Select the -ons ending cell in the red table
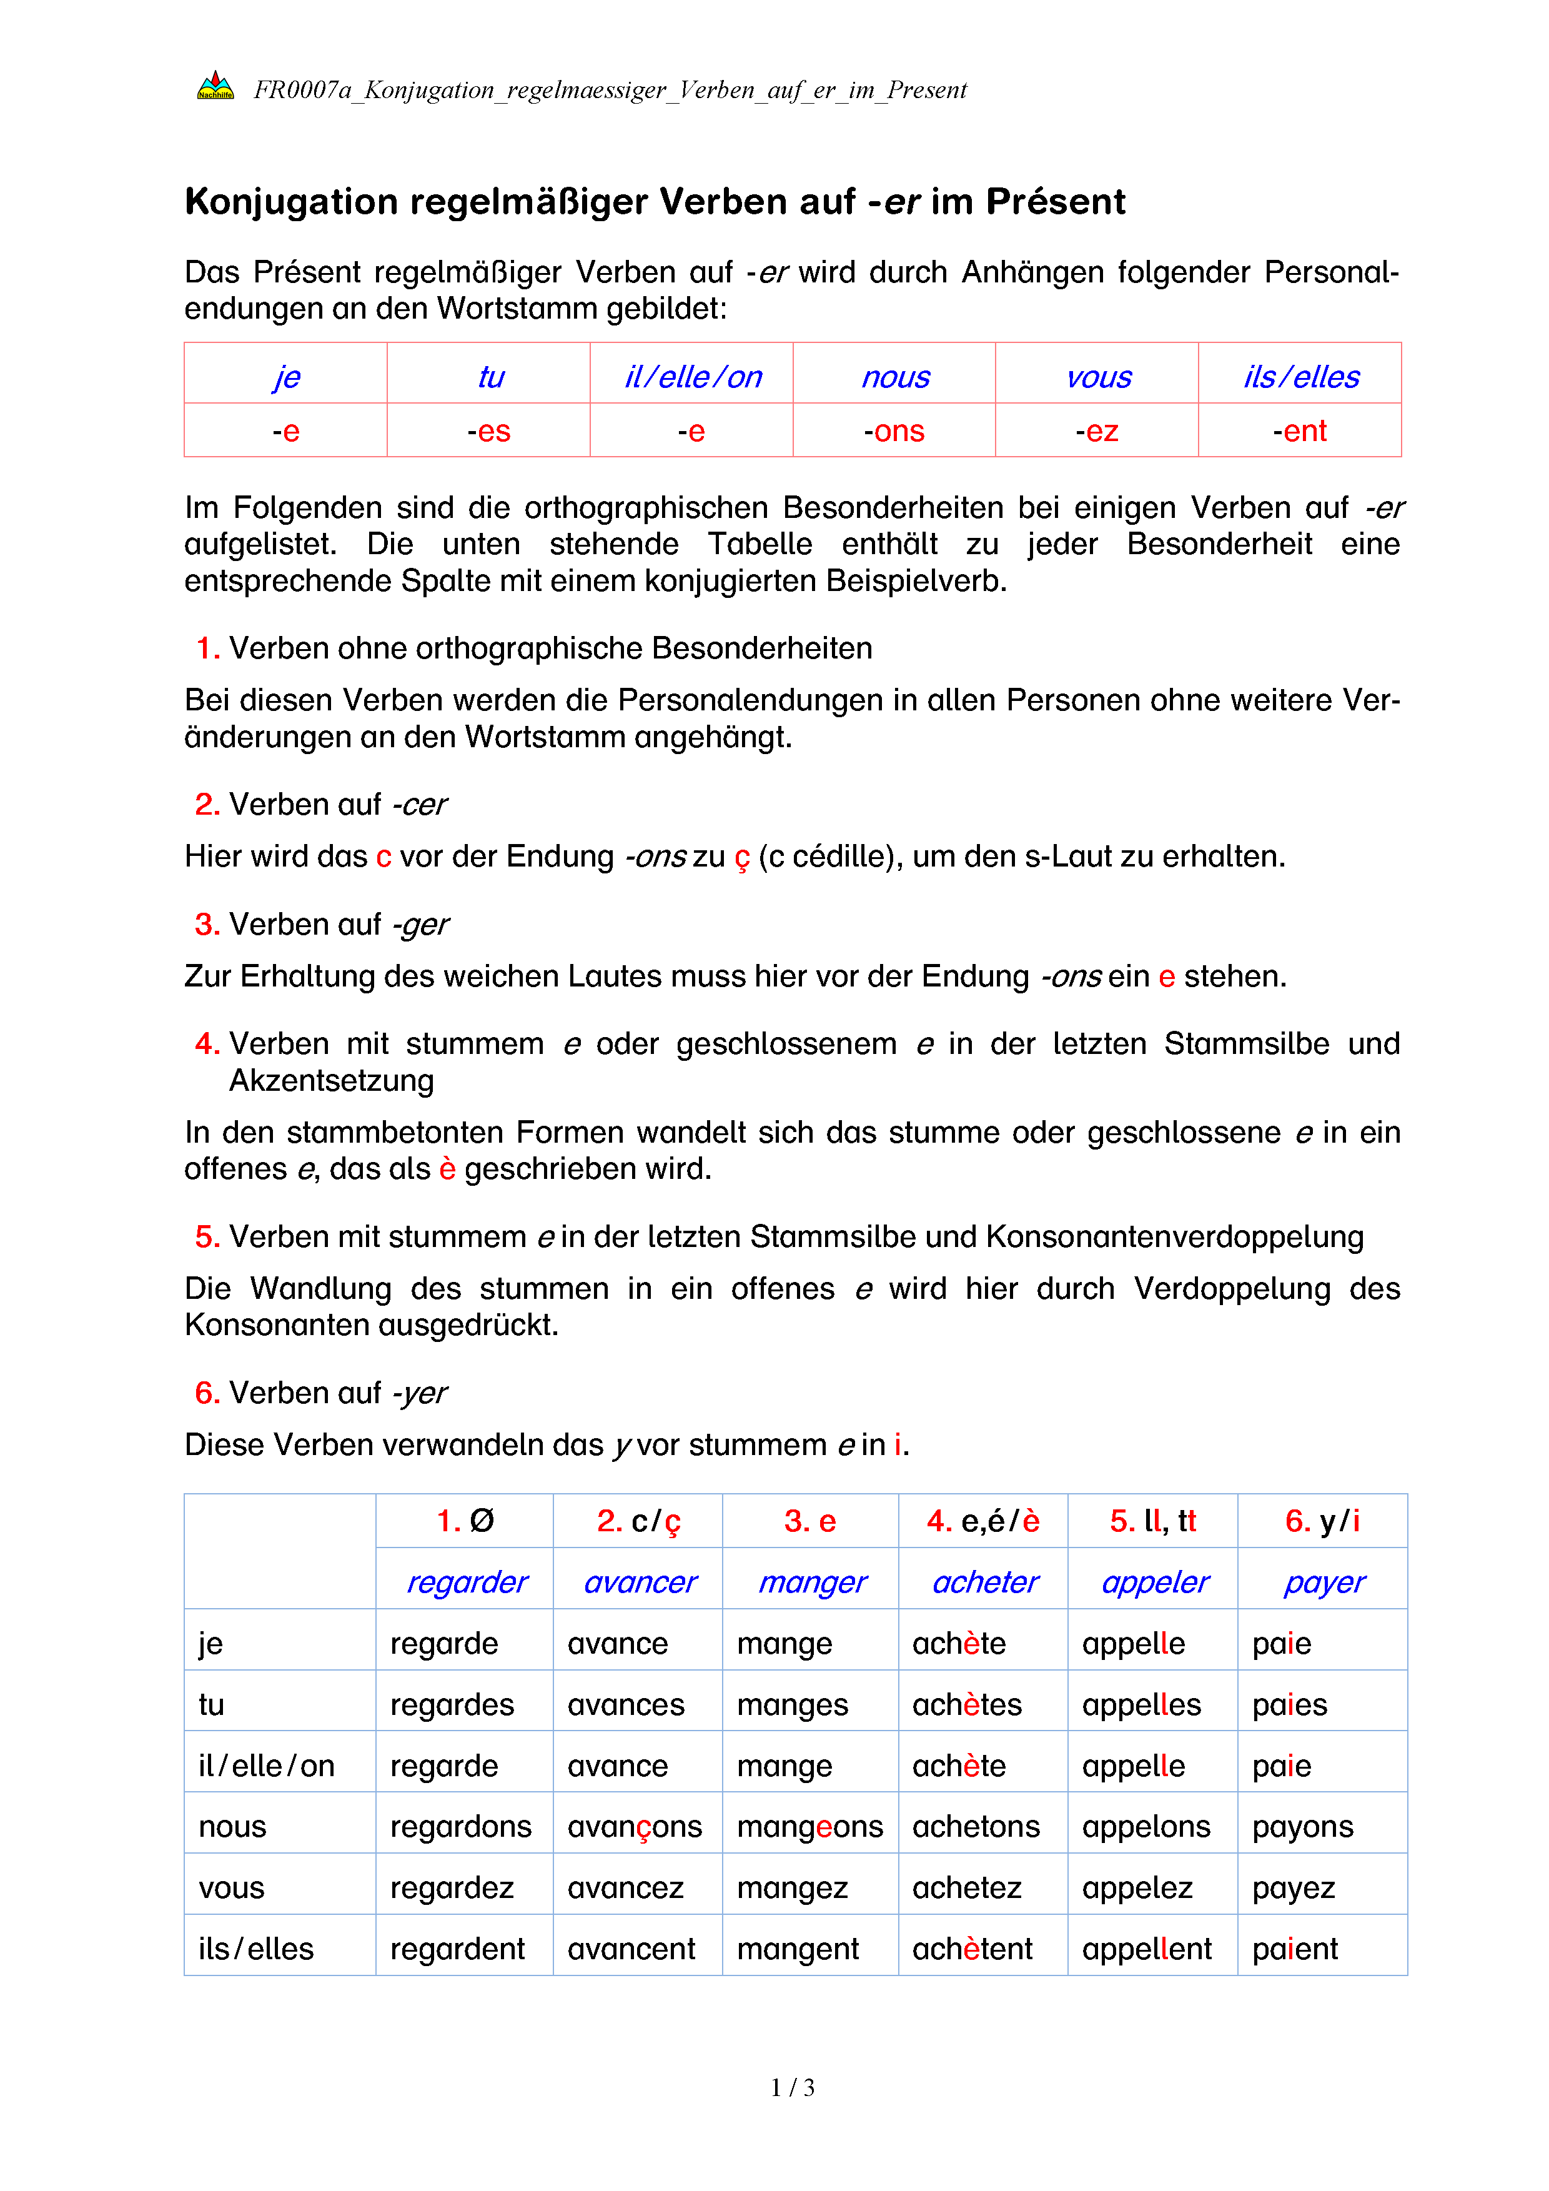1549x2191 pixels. [894, 431]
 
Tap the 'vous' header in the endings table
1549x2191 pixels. [1098, 377]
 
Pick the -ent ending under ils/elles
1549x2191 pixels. [1299, 431]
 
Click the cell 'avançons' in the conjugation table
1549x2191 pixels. [635, 1827]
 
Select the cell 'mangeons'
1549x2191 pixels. [810, 1827]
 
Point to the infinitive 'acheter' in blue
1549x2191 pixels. [984, 1582]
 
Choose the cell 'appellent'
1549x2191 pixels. [1147, 1949]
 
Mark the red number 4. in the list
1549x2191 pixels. [207, 1044]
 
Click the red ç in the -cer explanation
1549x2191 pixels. [742, 858]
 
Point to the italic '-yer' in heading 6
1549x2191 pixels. [420, 1393]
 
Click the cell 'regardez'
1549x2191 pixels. [452, 1887]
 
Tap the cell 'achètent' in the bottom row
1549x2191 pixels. [972, 1949]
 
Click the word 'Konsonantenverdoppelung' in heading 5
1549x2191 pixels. [1174, 1237]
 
